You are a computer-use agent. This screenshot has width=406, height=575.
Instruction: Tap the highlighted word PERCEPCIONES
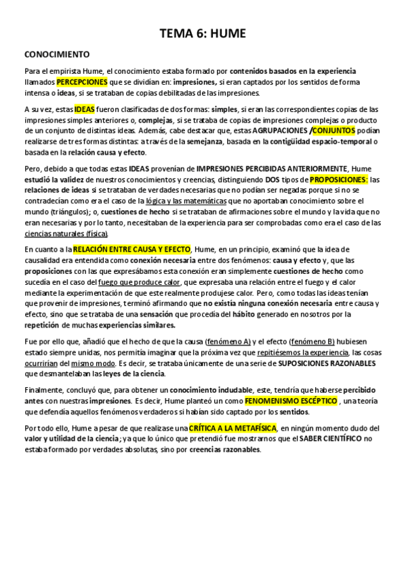pos(81,81)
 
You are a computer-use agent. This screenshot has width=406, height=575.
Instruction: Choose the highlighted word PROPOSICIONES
pos(340,180)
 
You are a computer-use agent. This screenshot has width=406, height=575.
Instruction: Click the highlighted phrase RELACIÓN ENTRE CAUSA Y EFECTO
pos(133,250)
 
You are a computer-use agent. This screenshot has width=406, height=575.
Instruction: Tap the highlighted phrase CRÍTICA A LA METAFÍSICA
pos(232,429)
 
